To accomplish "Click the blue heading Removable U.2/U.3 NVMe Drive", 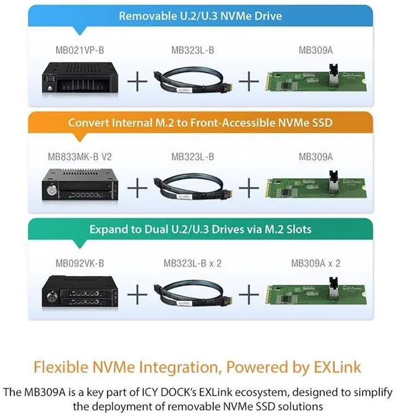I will click(200, 16).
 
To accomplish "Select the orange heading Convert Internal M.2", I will click(200, 123).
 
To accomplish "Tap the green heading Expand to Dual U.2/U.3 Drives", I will click(200, 229).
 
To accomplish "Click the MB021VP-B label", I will click(75, 50).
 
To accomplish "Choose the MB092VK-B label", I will click(75, 263).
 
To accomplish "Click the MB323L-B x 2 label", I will click(192, 263).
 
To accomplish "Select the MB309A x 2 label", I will click(316, 263).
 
